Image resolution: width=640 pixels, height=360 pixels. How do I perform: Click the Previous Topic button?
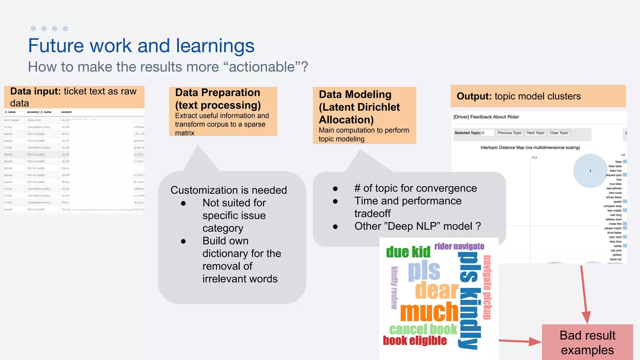point(509,133)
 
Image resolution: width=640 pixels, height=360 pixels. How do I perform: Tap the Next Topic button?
point(536,133)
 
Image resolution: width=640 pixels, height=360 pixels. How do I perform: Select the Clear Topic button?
point(559,133)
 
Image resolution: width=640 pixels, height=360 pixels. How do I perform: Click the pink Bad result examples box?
point(587,342)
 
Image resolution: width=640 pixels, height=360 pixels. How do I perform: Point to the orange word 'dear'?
point(437,290)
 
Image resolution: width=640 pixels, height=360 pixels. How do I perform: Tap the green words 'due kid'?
point(408,252)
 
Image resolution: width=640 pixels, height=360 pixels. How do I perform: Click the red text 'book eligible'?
point(415,341)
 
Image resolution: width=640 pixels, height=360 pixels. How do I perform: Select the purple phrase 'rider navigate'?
point(459,247)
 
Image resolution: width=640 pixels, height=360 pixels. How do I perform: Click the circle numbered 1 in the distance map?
point(590,171)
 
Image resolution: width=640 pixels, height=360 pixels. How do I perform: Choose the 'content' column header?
point(66,112)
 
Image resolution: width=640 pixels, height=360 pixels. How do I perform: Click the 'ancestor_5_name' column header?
point(39,112)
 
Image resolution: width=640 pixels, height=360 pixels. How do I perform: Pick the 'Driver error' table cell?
point(34,120)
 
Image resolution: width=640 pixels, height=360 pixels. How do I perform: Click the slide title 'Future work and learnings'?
point(141,46)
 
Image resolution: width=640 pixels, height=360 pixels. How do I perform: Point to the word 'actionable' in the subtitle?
point(262,67)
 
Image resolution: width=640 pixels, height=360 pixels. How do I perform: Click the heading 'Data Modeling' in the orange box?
point(355,94)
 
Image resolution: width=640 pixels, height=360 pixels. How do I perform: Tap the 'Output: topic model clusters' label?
point(519,96)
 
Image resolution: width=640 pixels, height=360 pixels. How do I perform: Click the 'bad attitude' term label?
point(614,188)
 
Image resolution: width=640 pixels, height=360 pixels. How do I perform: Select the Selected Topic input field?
point(487,133)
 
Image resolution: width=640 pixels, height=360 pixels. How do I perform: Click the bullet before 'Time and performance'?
point(335,202)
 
